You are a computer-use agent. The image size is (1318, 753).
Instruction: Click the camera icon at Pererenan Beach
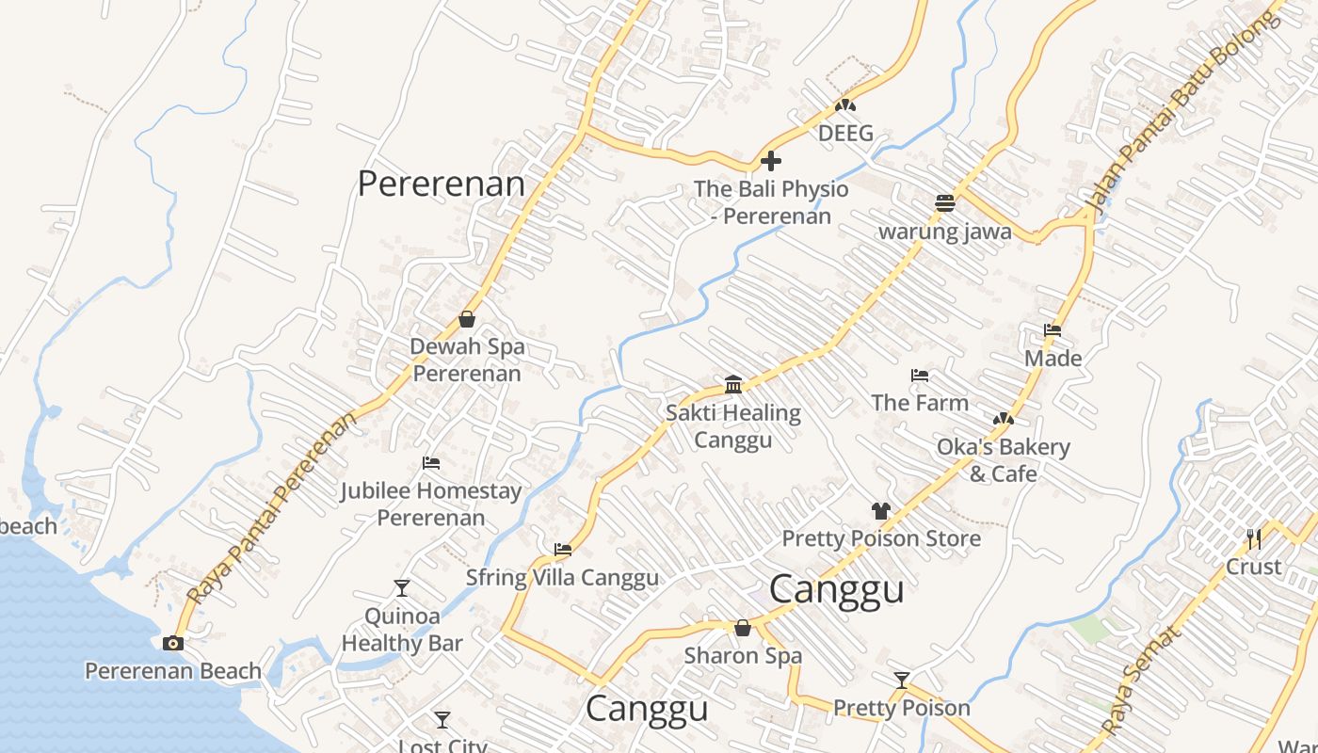(x=172, y=643)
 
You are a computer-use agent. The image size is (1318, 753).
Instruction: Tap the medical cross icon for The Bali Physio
(x=771, y=161)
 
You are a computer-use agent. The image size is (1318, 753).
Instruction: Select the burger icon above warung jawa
(x=945, y=203)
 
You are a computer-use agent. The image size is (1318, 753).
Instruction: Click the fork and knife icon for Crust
(x=1253, y=538)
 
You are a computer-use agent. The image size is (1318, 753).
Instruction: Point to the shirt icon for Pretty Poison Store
(x=880, y=511)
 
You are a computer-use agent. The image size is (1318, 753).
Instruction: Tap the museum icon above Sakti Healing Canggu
(x=733, y=384)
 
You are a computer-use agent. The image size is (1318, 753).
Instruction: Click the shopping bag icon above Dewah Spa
(x=466, y=319)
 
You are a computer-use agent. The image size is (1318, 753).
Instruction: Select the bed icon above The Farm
(x=920, y=376)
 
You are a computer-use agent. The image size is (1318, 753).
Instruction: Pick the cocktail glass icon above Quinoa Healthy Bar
(x=402, y=588)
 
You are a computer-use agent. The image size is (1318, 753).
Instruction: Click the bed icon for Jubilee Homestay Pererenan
(x=431, y=463)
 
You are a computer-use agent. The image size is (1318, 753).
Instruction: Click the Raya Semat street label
(x=1141, y=681)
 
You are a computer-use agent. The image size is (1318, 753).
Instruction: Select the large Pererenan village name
(x=441, y=184)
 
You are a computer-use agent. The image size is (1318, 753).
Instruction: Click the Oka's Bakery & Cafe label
(x=1003, y=459)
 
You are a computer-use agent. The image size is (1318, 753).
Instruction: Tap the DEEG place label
(x=845, y=134)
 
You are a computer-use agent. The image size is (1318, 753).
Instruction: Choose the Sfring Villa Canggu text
(x=563, y=577)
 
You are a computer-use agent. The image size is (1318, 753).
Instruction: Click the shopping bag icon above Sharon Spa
(x=743, y=628)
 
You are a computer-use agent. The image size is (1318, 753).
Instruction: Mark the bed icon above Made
(x=1053, y=330)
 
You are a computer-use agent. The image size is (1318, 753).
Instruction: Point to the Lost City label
(x=442, y=745)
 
